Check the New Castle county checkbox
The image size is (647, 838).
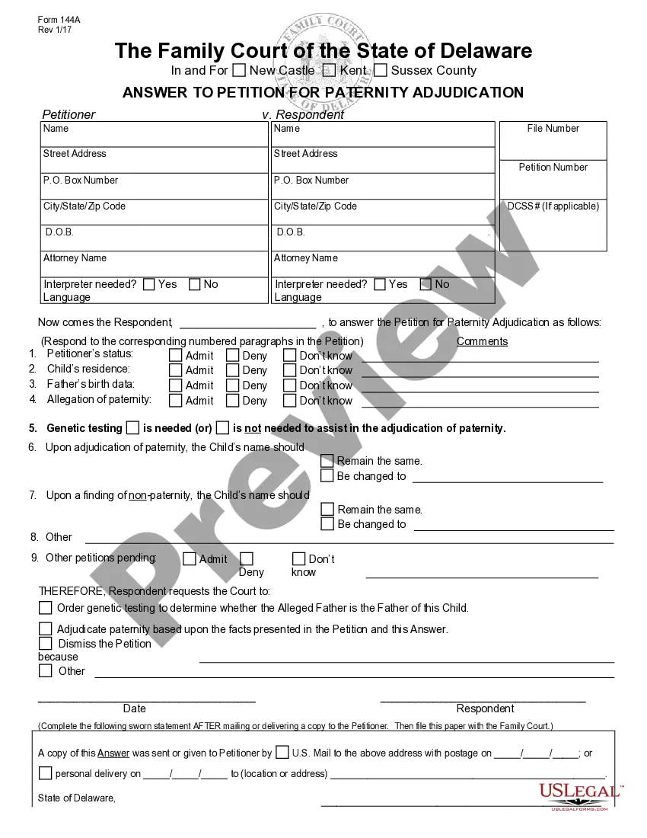click(x=239, y=71)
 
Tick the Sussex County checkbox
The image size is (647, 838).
click(x=381, y=71)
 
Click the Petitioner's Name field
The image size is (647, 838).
click(x=154, y=134)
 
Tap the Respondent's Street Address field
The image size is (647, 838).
click(x=383, y=160)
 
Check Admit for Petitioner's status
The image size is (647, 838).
click(x=176, y=355)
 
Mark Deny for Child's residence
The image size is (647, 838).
click(x=233, y=370)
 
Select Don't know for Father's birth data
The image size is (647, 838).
click(x=289, y=385)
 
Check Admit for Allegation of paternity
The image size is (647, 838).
click(x=176, y=401)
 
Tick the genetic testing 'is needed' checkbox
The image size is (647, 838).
click(x=133, y=428)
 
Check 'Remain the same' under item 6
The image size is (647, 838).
click(x=327, y=461)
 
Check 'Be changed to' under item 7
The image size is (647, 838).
click(x=327, y=524)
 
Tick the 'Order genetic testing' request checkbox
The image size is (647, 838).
click(x=46, y=608)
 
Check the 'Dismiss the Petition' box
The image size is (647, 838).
click(x=46, y=644)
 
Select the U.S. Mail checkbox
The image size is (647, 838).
click(x=282, y=753)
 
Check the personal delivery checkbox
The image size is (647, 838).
click(x=46, y=773)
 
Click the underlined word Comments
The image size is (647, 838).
click(x=482, y=341)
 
